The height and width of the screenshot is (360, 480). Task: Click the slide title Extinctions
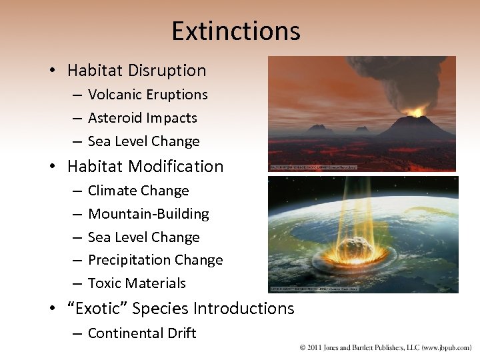236,31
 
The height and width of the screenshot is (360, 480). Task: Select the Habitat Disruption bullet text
137,70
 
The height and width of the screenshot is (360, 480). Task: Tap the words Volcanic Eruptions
147,95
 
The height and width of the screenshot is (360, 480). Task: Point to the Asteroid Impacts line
142,118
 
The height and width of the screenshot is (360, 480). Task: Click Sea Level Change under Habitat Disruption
143,141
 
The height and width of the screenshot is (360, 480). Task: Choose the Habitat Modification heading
145,166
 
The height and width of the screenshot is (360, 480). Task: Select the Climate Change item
138,191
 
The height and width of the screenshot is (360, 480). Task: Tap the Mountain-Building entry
148,214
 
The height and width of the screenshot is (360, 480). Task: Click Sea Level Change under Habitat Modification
143,237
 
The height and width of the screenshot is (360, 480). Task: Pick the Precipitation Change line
155,260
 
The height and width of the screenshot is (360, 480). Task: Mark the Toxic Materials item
137,283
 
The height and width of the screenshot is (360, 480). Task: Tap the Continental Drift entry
142,333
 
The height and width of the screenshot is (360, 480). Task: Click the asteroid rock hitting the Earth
351,249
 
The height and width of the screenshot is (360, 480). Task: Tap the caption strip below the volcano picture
313,167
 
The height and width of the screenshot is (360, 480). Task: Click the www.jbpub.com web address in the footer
443,348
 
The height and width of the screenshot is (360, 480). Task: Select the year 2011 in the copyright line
317,348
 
